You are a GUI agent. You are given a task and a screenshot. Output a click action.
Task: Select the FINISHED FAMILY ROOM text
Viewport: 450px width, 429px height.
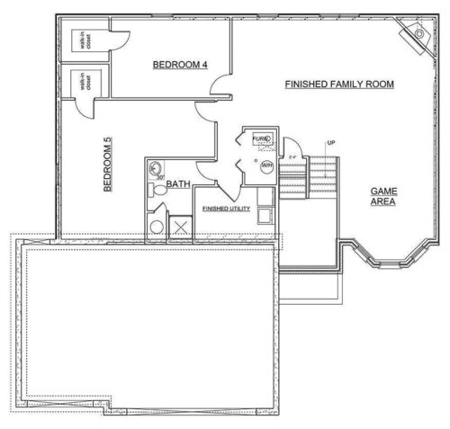pyautogui.click(x=339, y=84)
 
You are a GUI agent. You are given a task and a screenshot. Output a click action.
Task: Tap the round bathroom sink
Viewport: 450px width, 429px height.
pyautogui.click(x=156, y=167)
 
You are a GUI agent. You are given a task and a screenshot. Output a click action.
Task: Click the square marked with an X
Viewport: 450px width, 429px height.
pyautogui.click(x=179, y=227)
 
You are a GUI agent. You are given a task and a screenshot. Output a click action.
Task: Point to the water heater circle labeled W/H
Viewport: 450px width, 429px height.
pyautogui.click(x=266, y=165)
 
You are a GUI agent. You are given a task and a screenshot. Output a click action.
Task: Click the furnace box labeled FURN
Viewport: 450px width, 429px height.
pyautogui.click(x=262, y=139)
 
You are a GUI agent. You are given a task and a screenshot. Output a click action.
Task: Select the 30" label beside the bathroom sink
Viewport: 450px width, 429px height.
pyautogui.click(x=159, y=178)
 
